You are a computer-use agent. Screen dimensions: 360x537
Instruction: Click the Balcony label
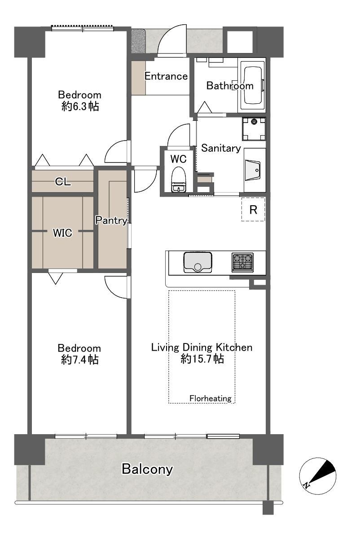(x=147, y=469)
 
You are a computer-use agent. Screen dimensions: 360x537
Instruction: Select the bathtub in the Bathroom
(x=252, y=85)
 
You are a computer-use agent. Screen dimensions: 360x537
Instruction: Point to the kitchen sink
(x=198, y=262)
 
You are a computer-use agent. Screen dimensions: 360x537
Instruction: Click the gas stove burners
(x=242, y=262)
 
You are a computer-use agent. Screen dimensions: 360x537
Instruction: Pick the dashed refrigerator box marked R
(x=253, y=209)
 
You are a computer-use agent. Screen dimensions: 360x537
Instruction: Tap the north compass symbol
(x=317, y=476)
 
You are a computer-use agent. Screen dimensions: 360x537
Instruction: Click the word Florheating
(x=211, y=398)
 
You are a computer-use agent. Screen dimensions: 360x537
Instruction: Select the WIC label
(x=62, y=233)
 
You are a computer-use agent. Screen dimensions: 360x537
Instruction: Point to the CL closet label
(x=63, y=181)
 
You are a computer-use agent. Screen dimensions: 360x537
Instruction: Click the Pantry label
(x=111, y=220)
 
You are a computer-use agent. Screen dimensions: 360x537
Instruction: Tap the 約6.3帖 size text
(x=80, y=106)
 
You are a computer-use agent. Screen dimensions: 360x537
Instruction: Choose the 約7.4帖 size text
(x=80, y=360)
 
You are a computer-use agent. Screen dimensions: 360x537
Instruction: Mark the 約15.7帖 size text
(x=202, y=359)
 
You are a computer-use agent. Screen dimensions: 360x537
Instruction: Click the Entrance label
(x=166, y=76)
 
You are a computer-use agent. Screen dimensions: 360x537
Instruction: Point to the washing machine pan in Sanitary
(x=254, y=129)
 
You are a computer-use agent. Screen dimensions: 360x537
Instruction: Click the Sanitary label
(x=221, y=148)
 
